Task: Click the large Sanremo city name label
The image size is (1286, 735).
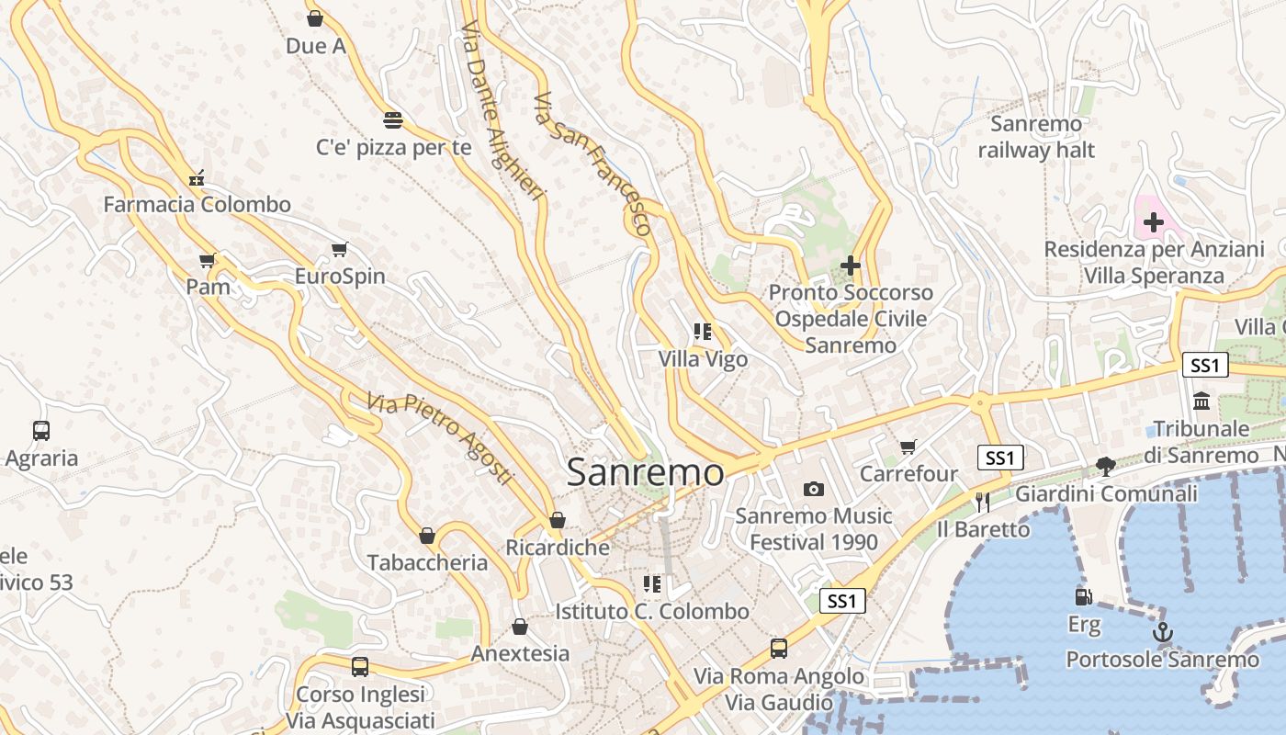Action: click(645, 472)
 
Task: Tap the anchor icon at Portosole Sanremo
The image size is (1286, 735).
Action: click(1163, 633)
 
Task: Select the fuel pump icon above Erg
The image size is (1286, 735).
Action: click(1084, 597)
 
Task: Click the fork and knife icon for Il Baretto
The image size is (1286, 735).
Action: click(983, 502)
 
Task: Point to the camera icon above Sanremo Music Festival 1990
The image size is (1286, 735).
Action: click(814, 489)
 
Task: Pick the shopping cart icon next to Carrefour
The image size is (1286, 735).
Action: click(908, 447)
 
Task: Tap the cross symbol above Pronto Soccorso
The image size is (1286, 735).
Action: click(851, 266)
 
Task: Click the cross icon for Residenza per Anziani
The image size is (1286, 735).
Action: click(1154, 221)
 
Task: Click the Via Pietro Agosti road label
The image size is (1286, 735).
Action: click(439, 438)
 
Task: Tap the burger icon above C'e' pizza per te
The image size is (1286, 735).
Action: click(393, 119)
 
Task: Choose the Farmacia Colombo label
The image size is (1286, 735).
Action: click(197, 205)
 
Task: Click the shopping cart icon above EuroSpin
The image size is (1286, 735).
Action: click(340, 249)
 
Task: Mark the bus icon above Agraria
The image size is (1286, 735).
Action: click(41, 430)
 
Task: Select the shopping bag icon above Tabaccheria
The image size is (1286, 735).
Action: click(427, 535)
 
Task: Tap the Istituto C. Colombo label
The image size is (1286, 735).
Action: click(652, 611)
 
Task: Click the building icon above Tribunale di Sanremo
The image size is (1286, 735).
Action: click(1201, 401)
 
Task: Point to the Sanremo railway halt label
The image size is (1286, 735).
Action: click(1036, 137)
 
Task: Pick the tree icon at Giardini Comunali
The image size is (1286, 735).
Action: click(1106, 467)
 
